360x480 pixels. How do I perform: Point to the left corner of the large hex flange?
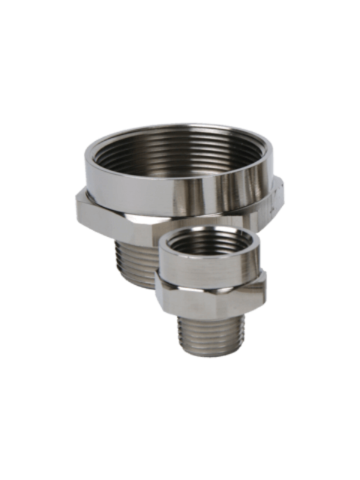click(x=75, y=202)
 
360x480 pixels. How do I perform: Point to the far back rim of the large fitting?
click(x=180, y=128)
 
